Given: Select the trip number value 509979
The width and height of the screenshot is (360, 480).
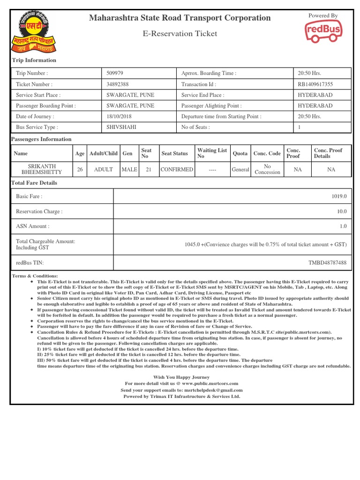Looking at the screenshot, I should pyautogui.click(x=115, y=73).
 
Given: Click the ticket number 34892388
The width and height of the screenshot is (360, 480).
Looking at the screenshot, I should pyautogui.click(x=118, y=84).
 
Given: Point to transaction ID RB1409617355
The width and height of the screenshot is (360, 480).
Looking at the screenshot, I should pyautogui.click(x=315, y=84).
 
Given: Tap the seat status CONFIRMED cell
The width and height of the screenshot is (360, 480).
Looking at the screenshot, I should pyautogui.click(x=177, y=169).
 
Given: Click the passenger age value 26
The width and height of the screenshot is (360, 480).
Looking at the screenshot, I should pyautogui.click(x=80, y=169).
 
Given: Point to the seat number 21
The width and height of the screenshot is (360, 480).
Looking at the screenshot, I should pyautogui.click(x=148, y=169).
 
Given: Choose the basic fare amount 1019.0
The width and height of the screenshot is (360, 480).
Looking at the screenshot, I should pyautogui.click(x=339, y=196).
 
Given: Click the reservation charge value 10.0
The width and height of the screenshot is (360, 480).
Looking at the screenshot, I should pyautogui.click(x=342, y=211).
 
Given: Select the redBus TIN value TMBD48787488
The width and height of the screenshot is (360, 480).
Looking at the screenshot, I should pyautogui.click(x=327, y=263).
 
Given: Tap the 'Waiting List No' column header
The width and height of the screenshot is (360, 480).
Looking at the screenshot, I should pyautogui.click(x=212, y=153).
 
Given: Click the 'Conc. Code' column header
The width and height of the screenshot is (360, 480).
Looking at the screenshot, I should pyautogui.click(x=267, y=153).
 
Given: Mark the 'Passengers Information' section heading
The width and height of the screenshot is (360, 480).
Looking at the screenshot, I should pyautogui.click(x=41, y=139).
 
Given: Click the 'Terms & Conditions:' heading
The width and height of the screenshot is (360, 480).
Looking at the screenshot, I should pyautogui.click(x=35, y=276).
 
